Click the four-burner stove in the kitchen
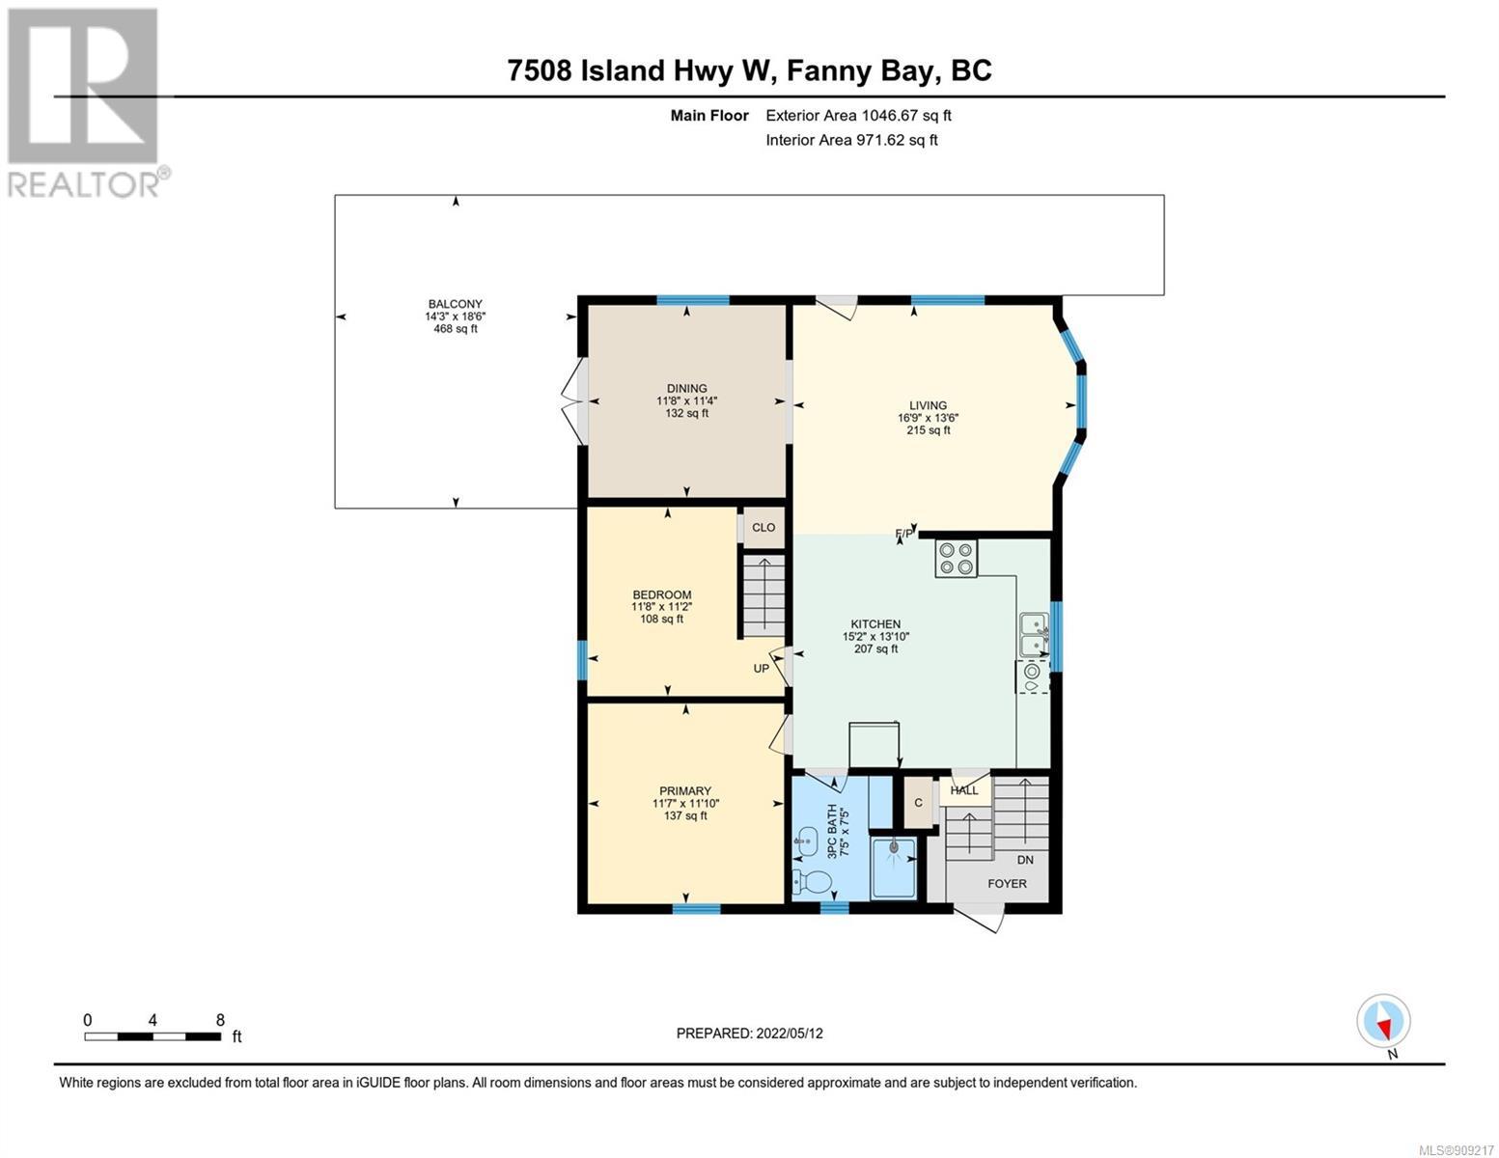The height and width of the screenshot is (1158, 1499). pyautogui.click(x=957, y=559)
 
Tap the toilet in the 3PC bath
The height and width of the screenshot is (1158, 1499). pyautogui.click(x=813, y=880)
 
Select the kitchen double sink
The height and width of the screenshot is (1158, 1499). pyautogui.click(x=1034, y=633)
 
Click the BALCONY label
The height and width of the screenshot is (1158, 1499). pyautogui.click(x=456, y=303)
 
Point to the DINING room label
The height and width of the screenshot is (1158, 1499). pyautogui.click(x=686, y=388)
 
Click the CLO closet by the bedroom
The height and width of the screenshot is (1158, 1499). pyautogui.click(x=763, y=528)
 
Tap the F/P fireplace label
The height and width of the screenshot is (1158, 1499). pyautogui.click(x=903, y=533)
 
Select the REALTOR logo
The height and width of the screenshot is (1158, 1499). pyautogui.click(x=86, y=103)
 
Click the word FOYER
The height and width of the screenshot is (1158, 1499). pyautogui.click(x=1007, y=884)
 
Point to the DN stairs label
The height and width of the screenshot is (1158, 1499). pyautogui.click(x=1025, y=860)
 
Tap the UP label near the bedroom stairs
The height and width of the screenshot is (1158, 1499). pyautogui.click(x=761, y=669)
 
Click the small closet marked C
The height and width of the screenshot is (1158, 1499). pyautogui.click(x=918, y=802)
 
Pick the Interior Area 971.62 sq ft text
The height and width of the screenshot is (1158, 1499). pyautogui.click(x=851, y=140)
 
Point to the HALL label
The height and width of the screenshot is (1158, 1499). pyautogui.click(x=963, y=790)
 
